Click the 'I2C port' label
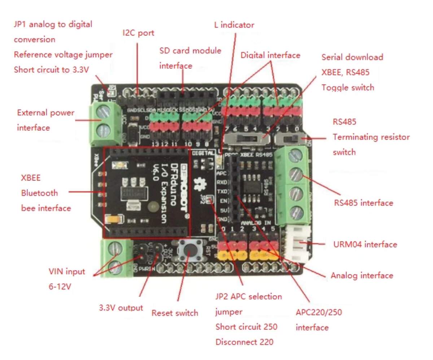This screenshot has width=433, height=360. click(x=138, y=33)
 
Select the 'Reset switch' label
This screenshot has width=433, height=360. click(x=175, y=313)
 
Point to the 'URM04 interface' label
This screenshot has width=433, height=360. click(x=365, y=244)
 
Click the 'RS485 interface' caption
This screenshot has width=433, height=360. click(x=363, y=203)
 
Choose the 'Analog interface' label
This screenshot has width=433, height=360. click(x=362, y=276)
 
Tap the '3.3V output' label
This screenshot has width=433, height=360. click(x=121, y=308)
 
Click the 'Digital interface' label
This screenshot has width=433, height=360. click(x=270, y=55)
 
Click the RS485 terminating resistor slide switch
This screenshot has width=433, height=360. click(x=288, y=138)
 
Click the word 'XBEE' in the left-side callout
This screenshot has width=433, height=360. click(x=31, y=178)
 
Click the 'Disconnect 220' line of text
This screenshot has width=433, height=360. click(x=244, y=342)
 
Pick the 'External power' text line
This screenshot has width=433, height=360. click(x=45, y=113)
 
